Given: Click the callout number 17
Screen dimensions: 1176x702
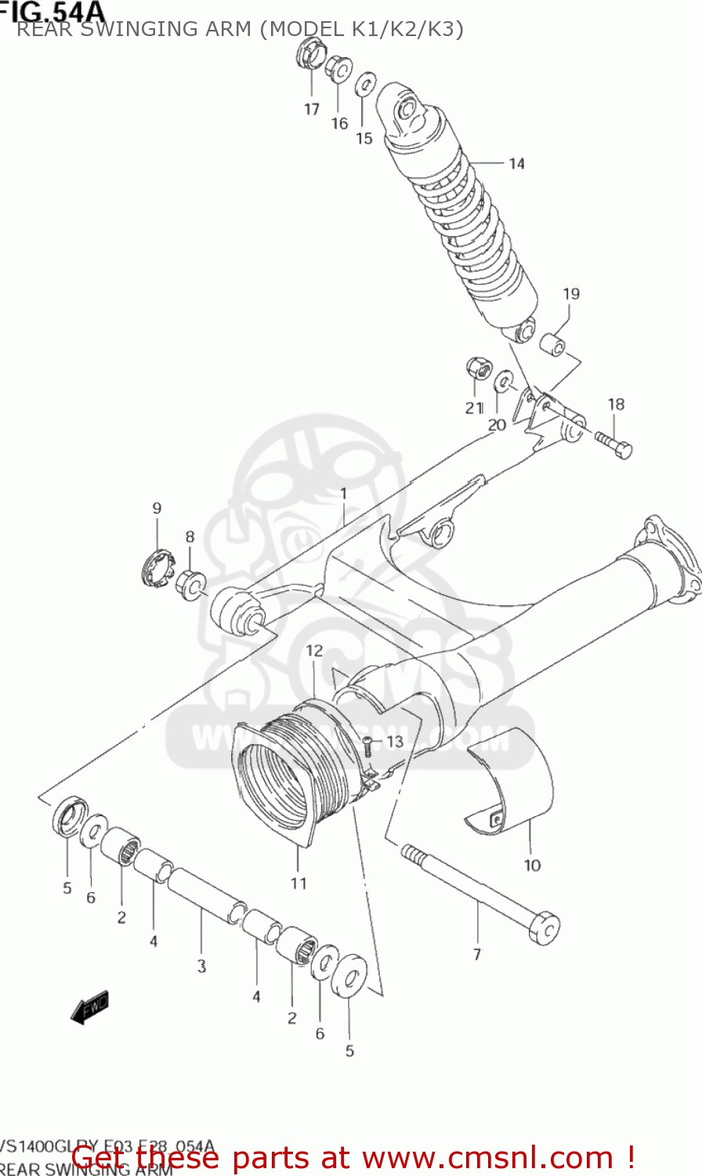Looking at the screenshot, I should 312,109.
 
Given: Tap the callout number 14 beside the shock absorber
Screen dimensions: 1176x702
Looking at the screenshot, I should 516,163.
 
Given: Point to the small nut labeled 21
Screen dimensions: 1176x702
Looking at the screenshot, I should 476,366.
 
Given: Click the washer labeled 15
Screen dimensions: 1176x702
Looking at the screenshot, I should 366,84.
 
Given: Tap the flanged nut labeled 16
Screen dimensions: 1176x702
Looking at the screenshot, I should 338,68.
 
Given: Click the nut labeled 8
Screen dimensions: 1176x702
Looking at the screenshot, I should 190,584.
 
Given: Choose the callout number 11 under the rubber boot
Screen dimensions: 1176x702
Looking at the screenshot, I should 299,884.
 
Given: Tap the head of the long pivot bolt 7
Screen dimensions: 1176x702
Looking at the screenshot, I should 545,927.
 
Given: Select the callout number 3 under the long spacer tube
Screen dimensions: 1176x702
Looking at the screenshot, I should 201,966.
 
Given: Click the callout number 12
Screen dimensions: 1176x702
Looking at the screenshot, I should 314,651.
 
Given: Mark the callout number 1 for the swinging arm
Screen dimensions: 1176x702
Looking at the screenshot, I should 342,493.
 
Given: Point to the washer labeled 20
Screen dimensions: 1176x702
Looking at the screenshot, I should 504,382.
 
